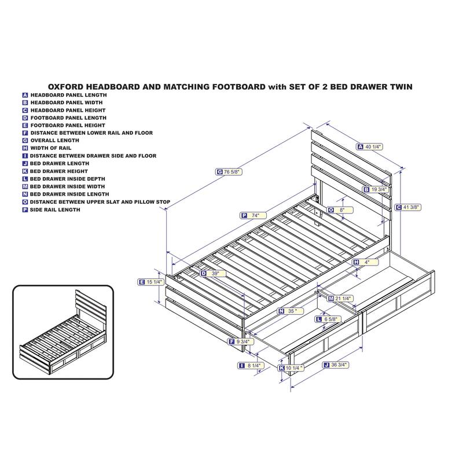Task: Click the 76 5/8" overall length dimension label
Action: tap(229, 171)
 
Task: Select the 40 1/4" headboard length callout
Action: tap(370, 147)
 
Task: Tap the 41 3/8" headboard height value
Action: tap(408, 207)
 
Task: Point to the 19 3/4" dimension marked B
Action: tap(376, 189)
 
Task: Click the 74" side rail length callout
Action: tap(253, 215)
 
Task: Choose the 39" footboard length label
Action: tap(212, 273)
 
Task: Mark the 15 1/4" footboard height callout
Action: tap(151, 282)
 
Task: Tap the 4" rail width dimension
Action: tap(365, 262)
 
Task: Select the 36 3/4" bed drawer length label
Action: tap(336, 365)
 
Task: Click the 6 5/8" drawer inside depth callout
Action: tap(328, 319)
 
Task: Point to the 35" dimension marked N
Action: tap(291, 311)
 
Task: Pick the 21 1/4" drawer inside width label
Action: tap(340, 299)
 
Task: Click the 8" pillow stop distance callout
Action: tap(340, 210)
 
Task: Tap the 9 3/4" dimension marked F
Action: tap(241, 342)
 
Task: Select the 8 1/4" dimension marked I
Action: tap(251, 366)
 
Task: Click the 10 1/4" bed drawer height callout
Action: tap(291, 368)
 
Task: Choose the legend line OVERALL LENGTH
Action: tap(55, 141)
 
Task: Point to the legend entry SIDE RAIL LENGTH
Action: tap(55, 210)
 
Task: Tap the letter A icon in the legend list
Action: tap(25, 95)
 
